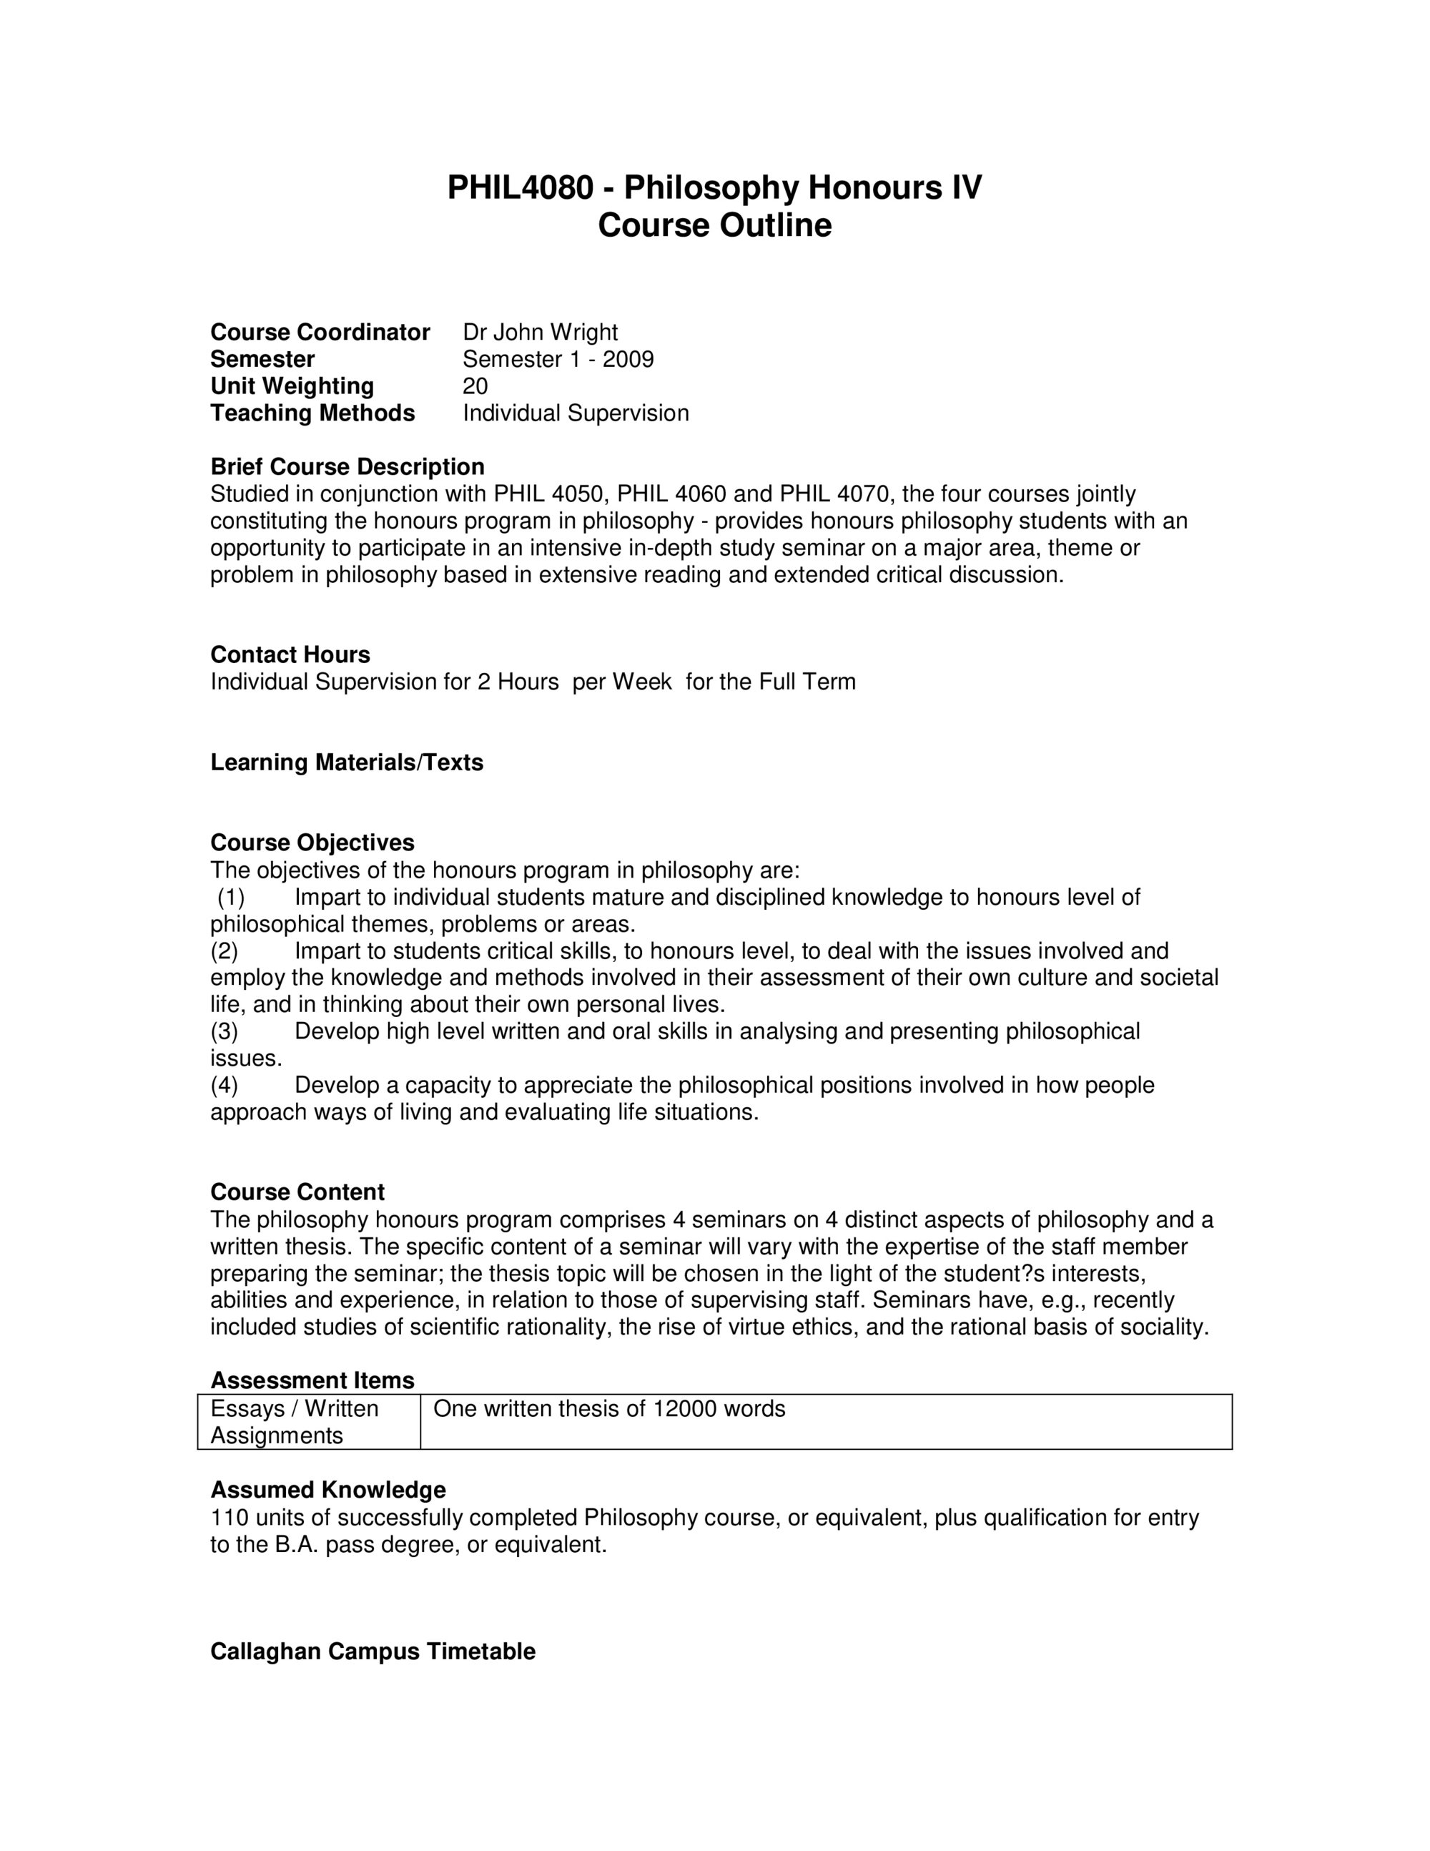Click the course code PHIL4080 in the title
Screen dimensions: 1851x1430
(x=520, y=187)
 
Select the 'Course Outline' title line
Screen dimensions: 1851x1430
(x=714, y=225)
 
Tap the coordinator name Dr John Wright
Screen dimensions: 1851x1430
(x=540, y=333)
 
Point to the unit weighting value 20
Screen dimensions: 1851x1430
(x=475, y=386)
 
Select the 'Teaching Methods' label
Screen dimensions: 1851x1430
(x=312, y=413)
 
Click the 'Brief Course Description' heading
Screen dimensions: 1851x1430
(x=347, y=467)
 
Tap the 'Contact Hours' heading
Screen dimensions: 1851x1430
(x=290, y=654)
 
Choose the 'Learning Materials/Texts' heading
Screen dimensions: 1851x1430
(x=347, y=762)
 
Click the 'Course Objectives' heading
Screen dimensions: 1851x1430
(x=312, y=843)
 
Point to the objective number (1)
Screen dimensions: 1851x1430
(x=230, y=897)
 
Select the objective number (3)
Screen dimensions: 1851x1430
(x=225, y=1031)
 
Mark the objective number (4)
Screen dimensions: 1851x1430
(x=225, y=1085)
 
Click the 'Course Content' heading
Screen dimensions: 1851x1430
(x=297, y=1192)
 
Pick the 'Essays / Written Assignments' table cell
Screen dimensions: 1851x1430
(x=294, y=1422)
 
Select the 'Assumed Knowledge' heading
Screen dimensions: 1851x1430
(x=328, y=1490)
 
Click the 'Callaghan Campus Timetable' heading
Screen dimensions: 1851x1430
(x=373, y=1652)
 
